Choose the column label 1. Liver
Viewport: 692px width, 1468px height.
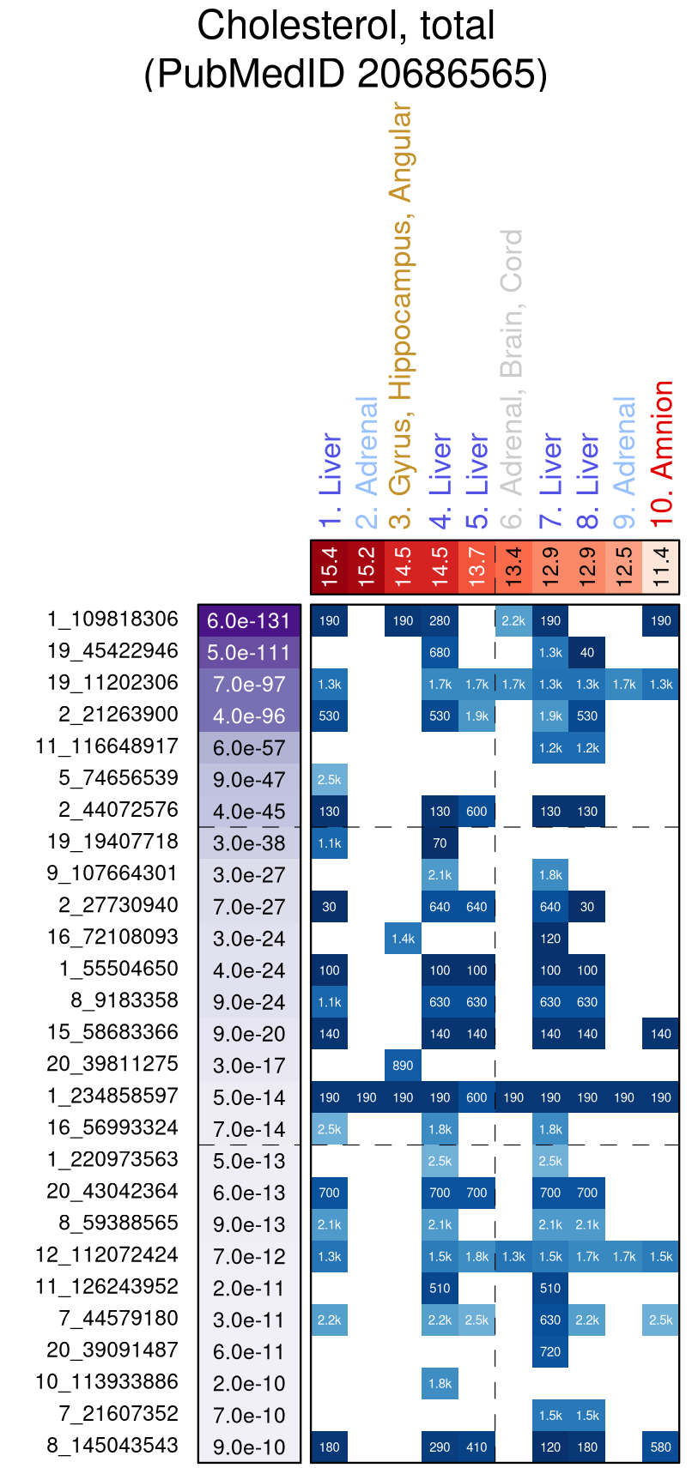[x=330, y=480]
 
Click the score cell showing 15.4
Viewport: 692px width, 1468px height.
[x=330, y=566]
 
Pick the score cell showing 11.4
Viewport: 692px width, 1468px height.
[x=661, y=566]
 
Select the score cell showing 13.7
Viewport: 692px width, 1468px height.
[x=477, y=566]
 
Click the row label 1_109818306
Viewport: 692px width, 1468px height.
[x=112, y=619]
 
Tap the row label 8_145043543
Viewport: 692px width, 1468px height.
[x=112, y=1445]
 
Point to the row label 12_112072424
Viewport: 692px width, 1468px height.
[x=107, y=1254]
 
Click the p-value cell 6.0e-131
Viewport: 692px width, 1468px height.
[x=249, y=621]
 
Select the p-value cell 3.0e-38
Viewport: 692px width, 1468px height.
[x=249, y=843]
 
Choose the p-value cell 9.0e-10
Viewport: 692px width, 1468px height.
[x=249, y=1447]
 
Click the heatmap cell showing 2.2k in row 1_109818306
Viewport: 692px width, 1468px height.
[x=513, y=621]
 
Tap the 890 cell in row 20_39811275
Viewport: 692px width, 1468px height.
[x=403, y=1066]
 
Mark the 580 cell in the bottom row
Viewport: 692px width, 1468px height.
[x=661, y=1447]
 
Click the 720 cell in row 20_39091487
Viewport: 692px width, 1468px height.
[x=550, y=1351]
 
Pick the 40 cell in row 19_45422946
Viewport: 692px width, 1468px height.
[x=587, y=653]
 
